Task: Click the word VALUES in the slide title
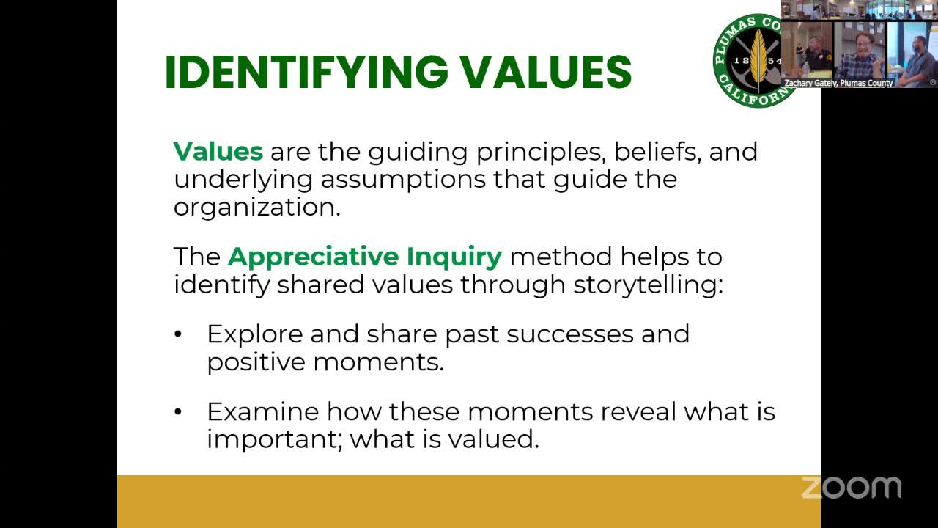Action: coord(546,72)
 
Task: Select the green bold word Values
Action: coord(218,151)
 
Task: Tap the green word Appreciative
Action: coord(313,257)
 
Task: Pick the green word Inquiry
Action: coord(454,257)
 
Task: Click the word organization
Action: coord(257,207)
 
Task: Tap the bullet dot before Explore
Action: coord(178,334)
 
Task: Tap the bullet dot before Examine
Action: coord(178,412)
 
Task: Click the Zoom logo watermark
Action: coord(852,488)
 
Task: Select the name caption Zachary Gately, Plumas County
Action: coord(838,83)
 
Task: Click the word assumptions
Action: coord(403,180)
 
